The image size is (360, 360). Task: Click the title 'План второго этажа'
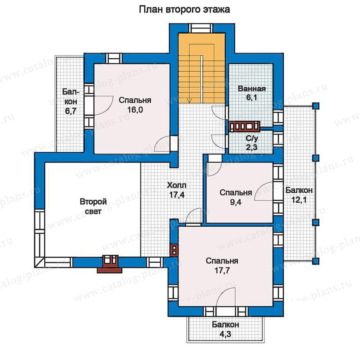tap(184, 10)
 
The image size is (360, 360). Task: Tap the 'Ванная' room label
tap(252, 89)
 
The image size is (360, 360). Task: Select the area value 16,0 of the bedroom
tap(135, 110)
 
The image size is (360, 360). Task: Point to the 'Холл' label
tap(176, 185)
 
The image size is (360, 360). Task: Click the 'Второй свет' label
tap(93, 206)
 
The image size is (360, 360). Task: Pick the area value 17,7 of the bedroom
tap(222, 270)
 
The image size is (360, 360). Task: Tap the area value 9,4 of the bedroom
tap(236, 202)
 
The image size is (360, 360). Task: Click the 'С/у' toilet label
tap(252, 138)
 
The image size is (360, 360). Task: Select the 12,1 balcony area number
tap(299, 200)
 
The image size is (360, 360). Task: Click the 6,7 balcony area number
tap(71, 111)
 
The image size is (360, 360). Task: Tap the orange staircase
tap(202, 68)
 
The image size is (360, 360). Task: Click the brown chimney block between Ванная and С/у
tap(244, 126)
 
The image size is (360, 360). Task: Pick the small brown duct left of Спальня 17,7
tap(174, 250)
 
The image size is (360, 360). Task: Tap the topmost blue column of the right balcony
tap(316, 106)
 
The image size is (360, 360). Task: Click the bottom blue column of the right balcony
tap(316, 261)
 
